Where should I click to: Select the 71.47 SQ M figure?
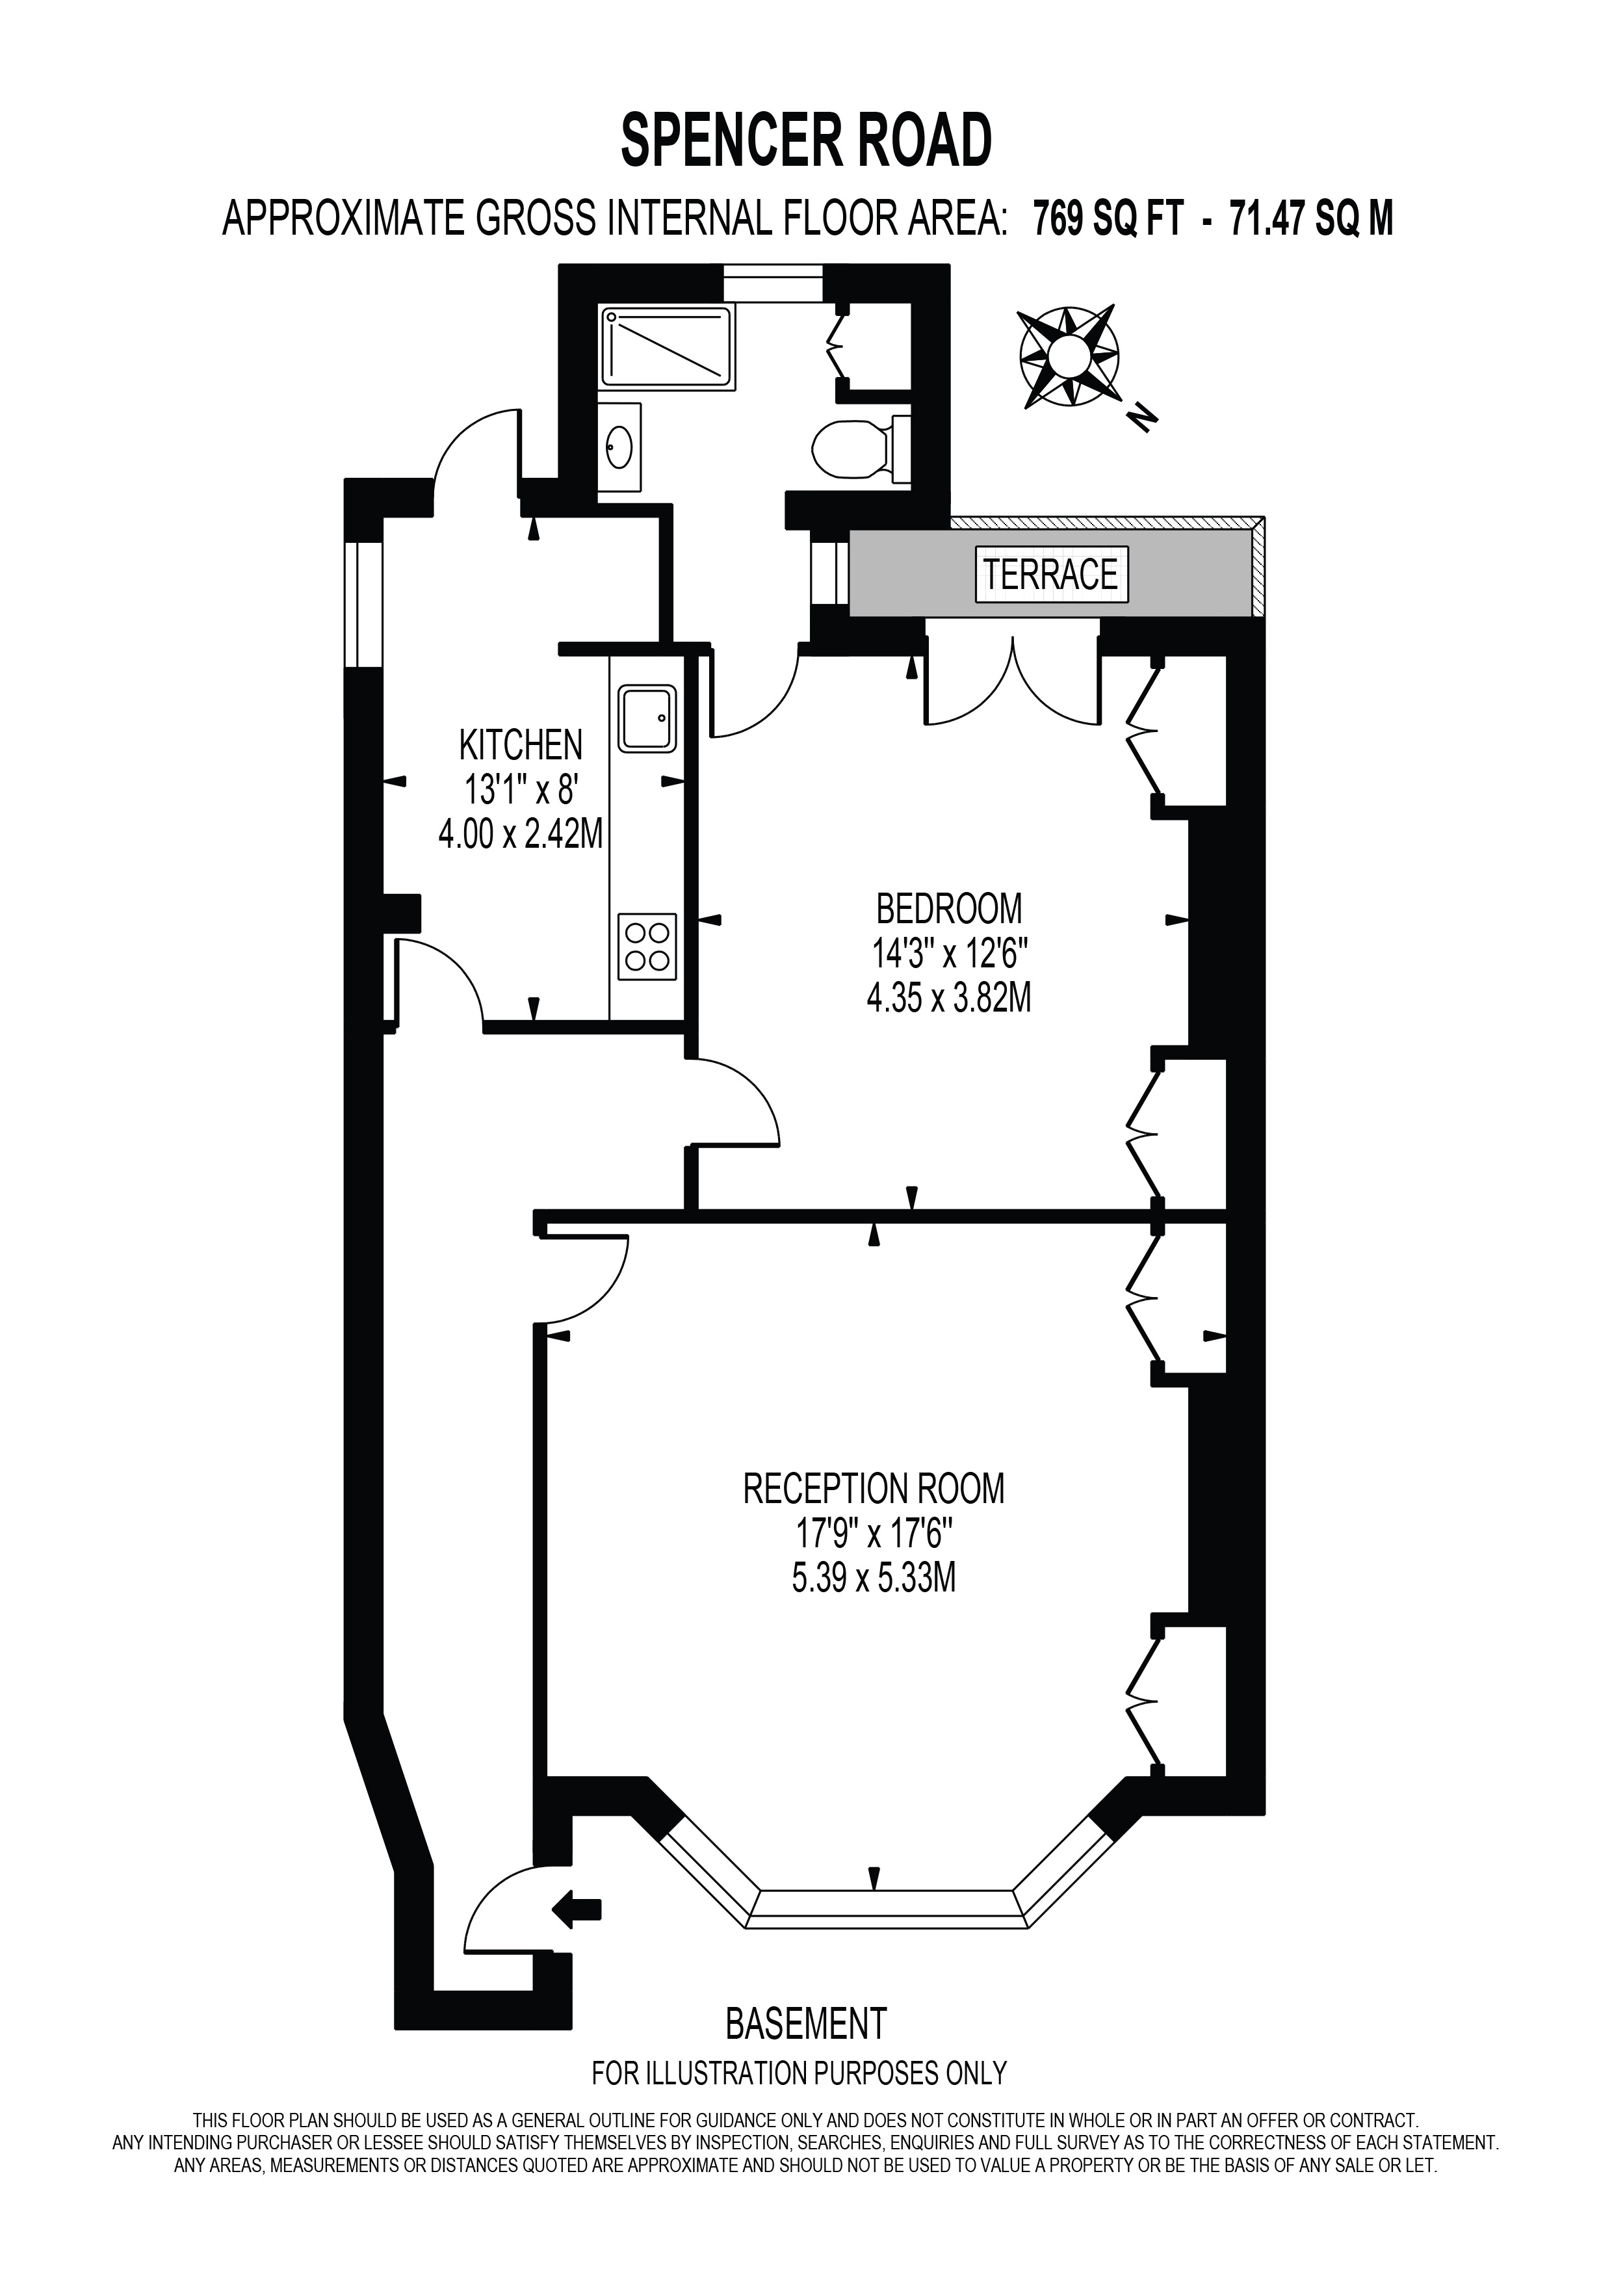click(1311, 218)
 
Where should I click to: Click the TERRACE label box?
click(1051, 574)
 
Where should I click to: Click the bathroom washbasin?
click(620, 448)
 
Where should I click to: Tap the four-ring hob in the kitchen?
click(647, 945)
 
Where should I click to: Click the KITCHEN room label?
click(520, 744)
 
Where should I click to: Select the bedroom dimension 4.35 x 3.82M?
click(949, 997)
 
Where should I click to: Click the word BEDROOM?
click(949, 908)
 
